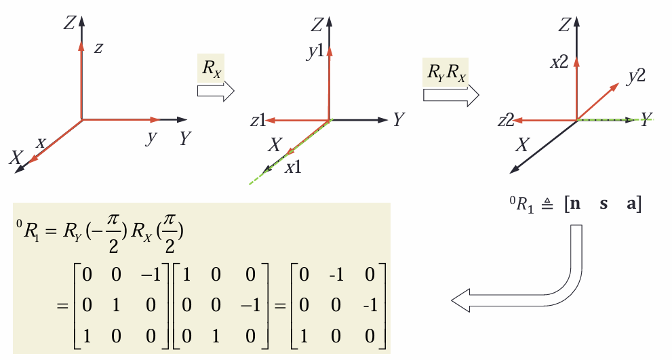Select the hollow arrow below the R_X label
[215, 91]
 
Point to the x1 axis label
[293, 167]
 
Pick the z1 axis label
[257, 121]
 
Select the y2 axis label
[635, 76]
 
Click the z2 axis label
[505, 121]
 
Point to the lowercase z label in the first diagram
[98, 48]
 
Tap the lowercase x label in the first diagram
[41, 143]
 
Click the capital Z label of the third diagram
[563, 25]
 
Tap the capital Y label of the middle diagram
[399, 121]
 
